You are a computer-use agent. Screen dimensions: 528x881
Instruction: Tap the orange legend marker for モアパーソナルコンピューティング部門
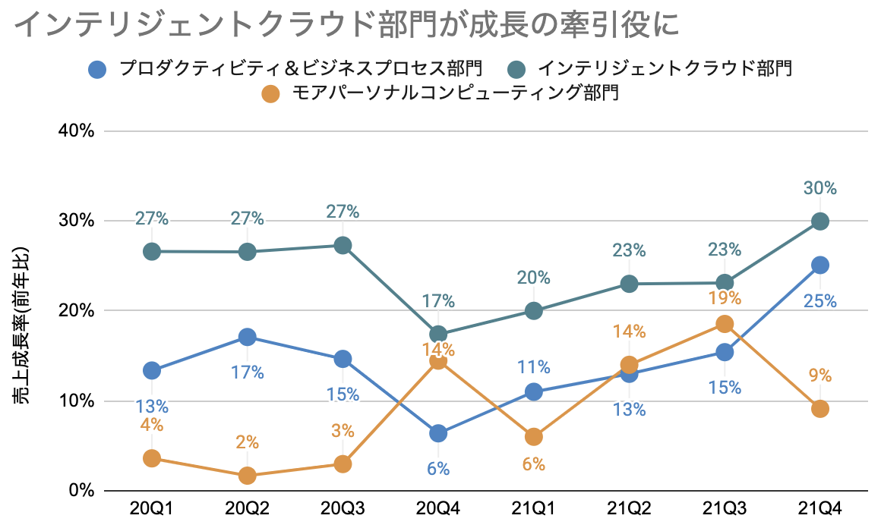click(x=270, y=95)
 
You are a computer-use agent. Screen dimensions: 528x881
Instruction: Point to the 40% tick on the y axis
click(x=77, y=131)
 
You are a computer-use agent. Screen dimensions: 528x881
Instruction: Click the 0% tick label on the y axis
click(x=81, y=491)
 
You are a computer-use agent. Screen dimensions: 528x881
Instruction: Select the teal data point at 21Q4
click(x=820, y=222)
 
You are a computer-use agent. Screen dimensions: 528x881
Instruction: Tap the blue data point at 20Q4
click(x=438, y=433)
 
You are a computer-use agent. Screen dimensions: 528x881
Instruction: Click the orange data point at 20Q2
click(x=248, y=476)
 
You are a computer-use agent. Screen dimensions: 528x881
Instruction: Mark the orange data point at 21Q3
click(x=725, y=324)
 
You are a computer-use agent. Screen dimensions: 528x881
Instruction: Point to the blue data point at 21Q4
click(x=820, y=265)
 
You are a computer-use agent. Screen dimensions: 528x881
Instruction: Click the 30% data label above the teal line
click(x=820, y=187)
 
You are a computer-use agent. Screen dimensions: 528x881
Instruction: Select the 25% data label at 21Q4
click(x=820, y=301)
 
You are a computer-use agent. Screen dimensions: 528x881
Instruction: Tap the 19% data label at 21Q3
click(x=725, y=297)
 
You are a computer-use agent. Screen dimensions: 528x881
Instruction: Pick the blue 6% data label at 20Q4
click(x=438, y=468)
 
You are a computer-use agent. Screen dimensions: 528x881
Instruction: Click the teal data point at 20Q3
click(x=343, y=245)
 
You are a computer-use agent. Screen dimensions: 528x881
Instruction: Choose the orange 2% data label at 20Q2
click(x=248, y=442)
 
